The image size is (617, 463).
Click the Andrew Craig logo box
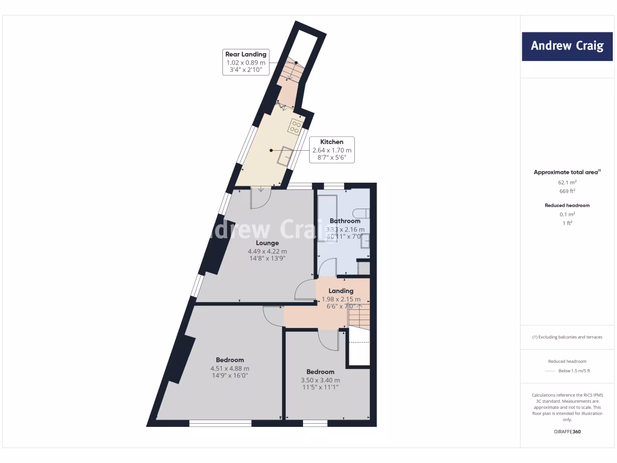pos(567,46)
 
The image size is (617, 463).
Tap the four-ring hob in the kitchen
pos(296,127)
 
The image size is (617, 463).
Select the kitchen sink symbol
pos(284,156)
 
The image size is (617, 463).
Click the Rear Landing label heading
pos(245,54)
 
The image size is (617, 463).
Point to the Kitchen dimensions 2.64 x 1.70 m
pos(331,150)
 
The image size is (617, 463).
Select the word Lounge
pos(266,244)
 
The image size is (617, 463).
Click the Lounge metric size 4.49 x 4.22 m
pos(267,251)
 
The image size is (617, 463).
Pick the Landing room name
pos(340,291)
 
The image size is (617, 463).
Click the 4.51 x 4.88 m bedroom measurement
pos(230,368)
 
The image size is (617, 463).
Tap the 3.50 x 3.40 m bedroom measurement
pos(320,380)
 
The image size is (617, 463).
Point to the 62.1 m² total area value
pos(567,181)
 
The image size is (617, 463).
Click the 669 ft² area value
pos(567,191)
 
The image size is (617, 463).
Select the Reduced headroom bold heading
pos(567,206)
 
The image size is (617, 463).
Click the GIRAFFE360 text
pos(567,432)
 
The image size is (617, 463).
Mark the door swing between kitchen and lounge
pos(260,198)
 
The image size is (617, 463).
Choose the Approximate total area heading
pos(566,172)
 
